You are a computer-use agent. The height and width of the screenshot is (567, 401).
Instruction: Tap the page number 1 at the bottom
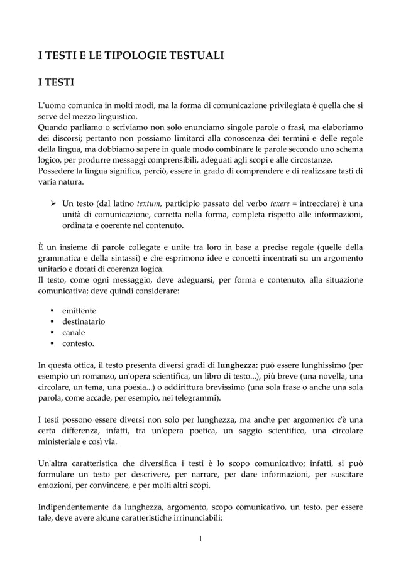point(200,538)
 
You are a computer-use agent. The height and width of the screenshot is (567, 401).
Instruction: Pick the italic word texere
point(280,203)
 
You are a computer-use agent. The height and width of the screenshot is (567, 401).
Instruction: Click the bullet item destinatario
point(84,321)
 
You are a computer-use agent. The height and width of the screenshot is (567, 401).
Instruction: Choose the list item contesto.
point(79,343)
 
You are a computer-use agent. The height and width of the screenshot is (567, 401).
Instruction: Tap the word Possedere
point(57,171)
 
